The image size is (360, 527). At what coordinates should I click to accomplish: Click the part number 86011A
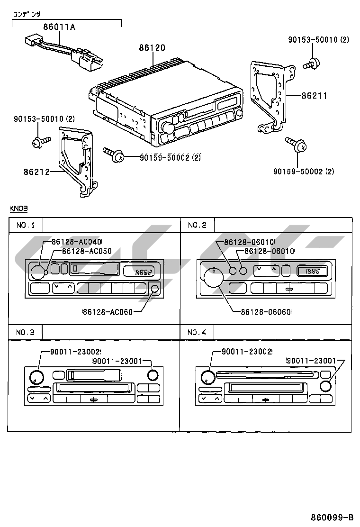tap(59, 27)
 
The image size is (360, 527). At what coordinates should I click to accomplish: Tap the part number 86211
tap(314, 96)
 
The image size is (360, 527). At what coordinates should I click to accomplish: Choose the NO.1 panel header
tap(26, 225)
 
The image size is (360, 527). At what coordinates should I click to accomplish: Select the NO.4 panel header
tap(197, 333)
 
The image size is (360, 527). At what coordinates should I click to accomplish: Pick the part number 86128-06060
tap(266, 311)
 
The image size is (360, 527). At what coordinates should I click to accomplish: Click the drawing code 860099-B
tap(332, 517)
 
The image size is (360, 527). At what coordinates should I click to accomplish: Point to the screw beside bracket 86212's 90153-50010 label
tap(40, 141)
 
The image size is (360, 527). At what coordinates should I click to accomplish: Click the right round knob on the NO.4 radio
tap(325, 386)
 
